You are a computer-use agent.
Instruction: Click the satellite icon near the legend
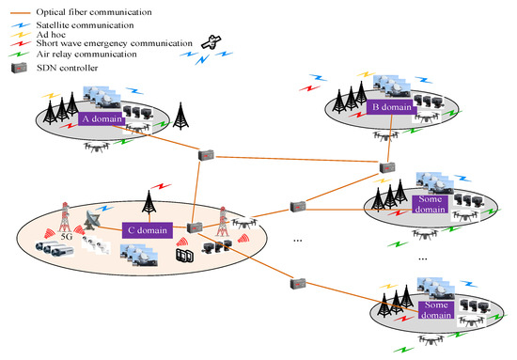click(212, 44)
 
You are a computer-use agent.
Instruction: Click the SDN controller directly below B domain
click(385, 168)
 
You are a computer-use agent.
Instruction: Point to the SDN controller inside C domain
click(196, 227)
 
